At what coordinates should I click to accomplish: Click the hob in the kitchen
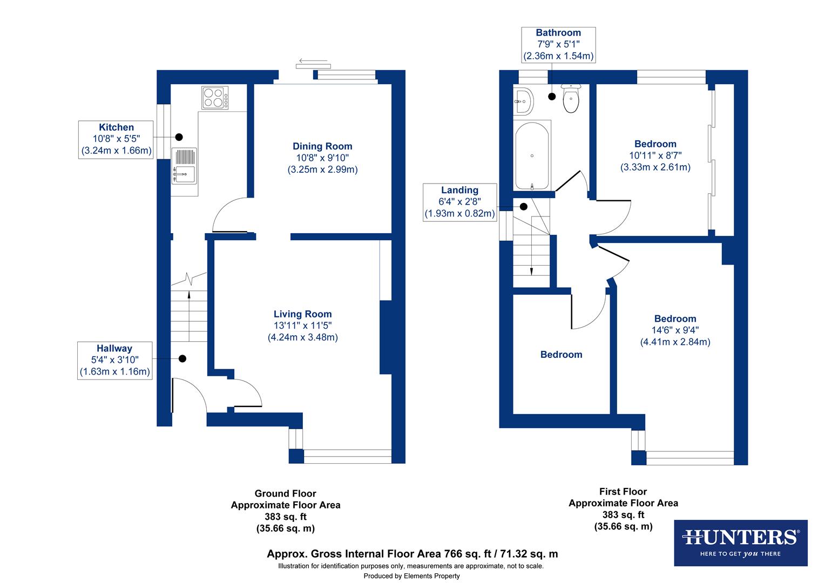click(x=215, y=98)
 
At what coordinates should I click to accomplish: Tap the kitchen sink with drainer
click(x=184, y=165)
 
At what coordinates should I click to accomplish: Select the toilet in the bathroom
click(x=571, y=98)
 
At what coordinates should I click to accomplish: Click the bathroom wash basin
click(x=523, y=100)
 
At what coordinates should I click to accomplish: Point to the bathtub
click(x=532, y=156)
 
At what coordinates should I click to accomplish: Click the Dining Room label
click(x=322, y=146)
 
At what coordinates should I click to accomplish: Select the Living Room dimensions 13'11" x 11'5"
click(x=302, y=326)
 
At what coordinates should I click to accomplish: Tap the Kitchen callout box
click(x=116, y=139)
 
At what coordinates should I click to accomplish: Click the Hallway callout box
click(x=114, y=360)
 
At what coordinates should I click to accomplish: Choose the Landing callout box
click(x=459, y=202)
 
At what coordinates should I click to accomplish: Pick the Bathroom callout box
click(x=558, y=44)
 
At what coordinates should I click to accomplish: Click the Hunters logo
click(x=740, y=543)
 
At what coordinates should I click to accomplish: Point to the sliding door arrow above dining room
click(x=312, y=61)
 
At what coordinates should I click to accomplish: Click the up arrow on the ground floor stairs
click(x=189, y=295)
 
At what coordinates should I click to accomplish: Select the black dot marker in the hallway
click(x=182, y=358)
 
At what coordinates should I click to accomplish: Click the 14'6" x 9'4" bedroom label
click(x=675, y=330)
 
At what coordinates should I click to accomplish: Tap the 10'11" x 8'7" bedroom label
click(x=655, y=155)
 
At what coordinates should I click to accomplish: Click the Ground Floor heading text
click(x=285, y=493)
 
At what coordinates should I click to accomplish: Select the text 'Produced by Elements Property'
click(x=411, y=576)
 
